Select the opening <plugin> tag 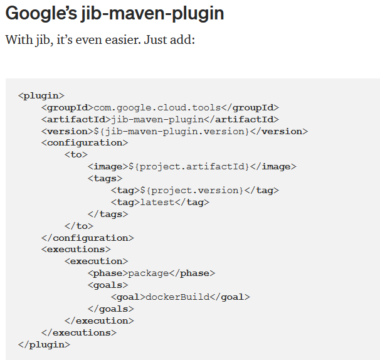tap(41, 95)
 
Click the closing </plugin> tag tap(44, 344)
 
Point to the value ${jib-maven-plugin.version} tap(171, 131)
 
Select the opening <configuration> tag tap(85, 143)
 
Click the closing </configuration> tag tap(87, 238)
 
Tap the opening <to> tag tap(76, 155)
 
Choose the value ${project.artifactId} tap(189, 166)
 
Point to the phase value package tap(148, 273)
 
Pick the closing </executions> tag tap(78, 332)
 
